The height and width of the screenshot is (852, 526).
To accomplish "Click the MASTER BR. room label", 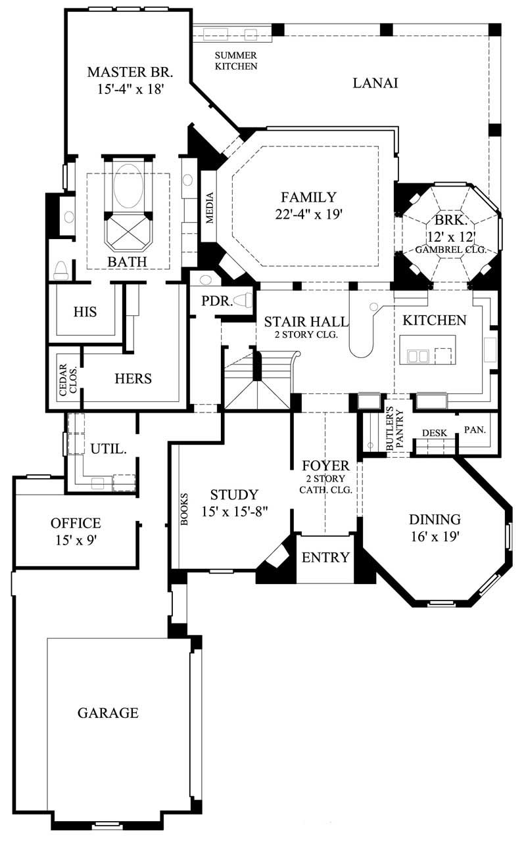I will coord(124,71).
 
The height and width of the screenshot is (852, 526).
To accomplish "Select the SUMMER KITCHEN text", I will coord(235,61).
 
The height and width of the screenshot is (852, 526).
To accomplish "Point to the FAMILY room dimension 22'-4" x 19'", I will coord(308,213).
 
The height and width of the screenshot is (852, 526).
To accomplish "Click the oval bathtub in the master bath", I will coord(128,186).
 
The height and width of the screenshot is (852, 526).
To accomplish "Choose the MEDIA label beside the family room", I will coord(210,208).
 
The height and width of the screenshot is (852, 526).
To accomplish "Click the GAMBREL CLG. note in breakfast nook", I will coord(450,250).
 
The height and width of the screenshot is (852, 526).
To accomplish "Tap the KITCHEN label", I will coord(434,321).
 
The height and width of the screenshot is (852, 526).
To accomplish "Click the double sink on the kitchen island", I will coord(418,355).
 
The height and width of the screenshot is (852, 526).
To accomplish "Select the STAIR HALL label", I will coord(306,322).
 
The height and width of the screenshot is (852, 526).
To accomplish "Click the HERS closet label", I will coord(133,378).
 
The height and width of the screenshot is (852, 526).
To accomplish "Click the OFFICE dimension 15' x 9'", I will coord(76,541).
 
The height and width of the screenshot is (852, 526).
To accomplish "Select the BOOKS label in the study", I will coord(183,509).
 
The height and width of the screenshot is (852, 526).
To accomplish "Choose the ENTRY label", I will coord(325,558).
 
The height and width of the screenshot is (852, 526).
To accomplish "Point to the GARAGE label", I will coord(108,713).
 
